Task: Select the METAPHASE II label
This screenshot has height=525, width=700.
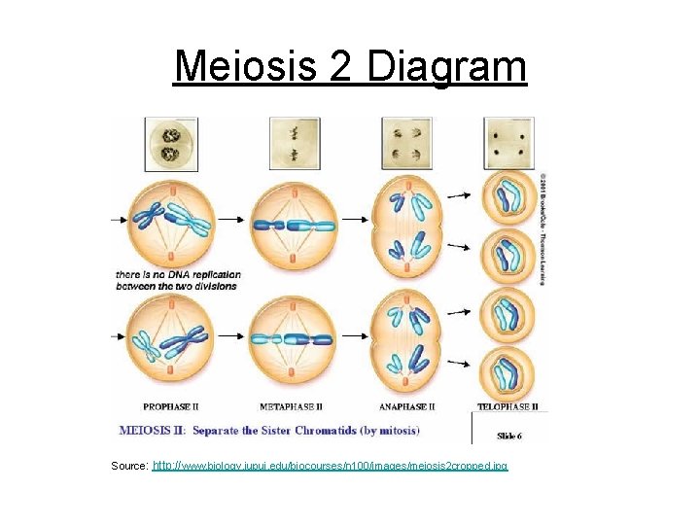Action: [292, 406]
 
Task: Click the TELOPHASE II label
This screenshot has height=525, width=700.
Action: [507, 406]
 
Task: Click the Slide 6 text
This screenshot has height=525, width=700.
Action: [509, 435]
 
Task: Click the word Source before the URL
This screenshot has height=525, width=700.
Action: [129, 467]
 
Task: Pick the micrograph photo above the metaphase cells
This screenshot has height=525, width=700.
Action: [291, 143]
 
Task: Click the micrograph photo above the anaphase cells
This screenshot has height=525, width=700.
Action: [406, 143]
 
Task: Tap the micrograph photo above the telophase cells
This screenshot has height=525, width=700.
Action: [508, 143]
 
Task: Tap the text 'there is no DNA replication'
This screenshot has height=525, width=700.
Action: [178, 275]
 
